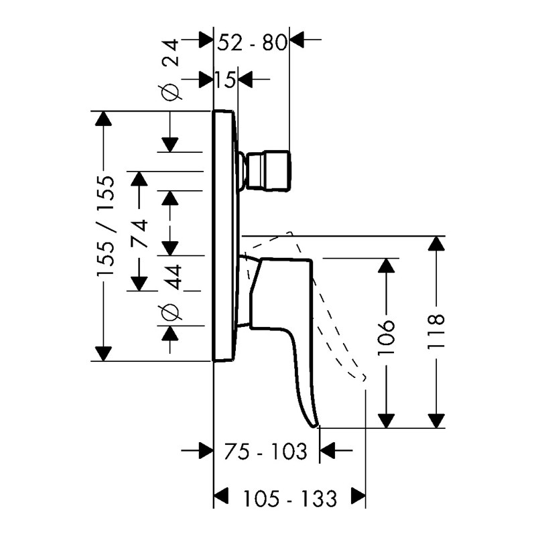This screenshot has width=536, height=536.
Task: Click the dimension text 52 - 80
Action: pyautogui.click(x=252, y=43)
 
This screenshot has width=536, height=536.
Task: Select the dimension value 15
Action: pyautogui.click(x=225, y=80)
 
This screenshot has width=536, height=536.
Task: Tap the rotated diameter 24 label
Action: pyautogui.click(x=170, y=70)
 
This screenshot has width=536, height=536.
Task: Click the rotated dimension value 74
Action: pyautogui.click(x=139, y=234)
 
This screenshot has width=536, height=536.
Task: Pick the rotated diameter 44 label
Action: pyautogui.click(x=171, y=293)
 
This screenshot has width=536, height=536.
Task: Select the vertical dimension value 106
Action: pyautogui.click(x=387, y=338)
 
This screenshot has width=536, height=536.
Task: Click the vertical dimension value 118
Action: pyautogui.click(x=436, y=332)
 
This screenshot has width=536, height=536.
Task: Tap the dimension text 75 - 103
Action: pyautogui.click(x=265, y=451)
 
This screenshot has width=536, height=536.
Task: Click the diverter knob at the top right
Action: pyautogui.click(x=267, y=170)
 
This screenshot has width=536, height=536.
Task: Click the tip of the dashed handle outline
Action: pyautogui.click(x=364, y=378)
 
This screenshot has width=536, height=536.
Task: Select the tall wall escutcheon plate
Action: pyautogui.click(x=224, y=236)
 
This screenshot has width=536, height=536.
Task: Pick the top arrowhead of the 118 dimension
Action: pyautogui.click(x=436, y=243)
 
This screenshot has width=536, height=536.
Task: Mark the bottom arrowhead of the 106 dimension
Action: pyautogui.click(x=387, y=421)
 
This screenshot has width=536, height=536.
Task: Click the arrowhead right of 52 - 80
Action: pyautogui.click(x=297, y=40)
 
